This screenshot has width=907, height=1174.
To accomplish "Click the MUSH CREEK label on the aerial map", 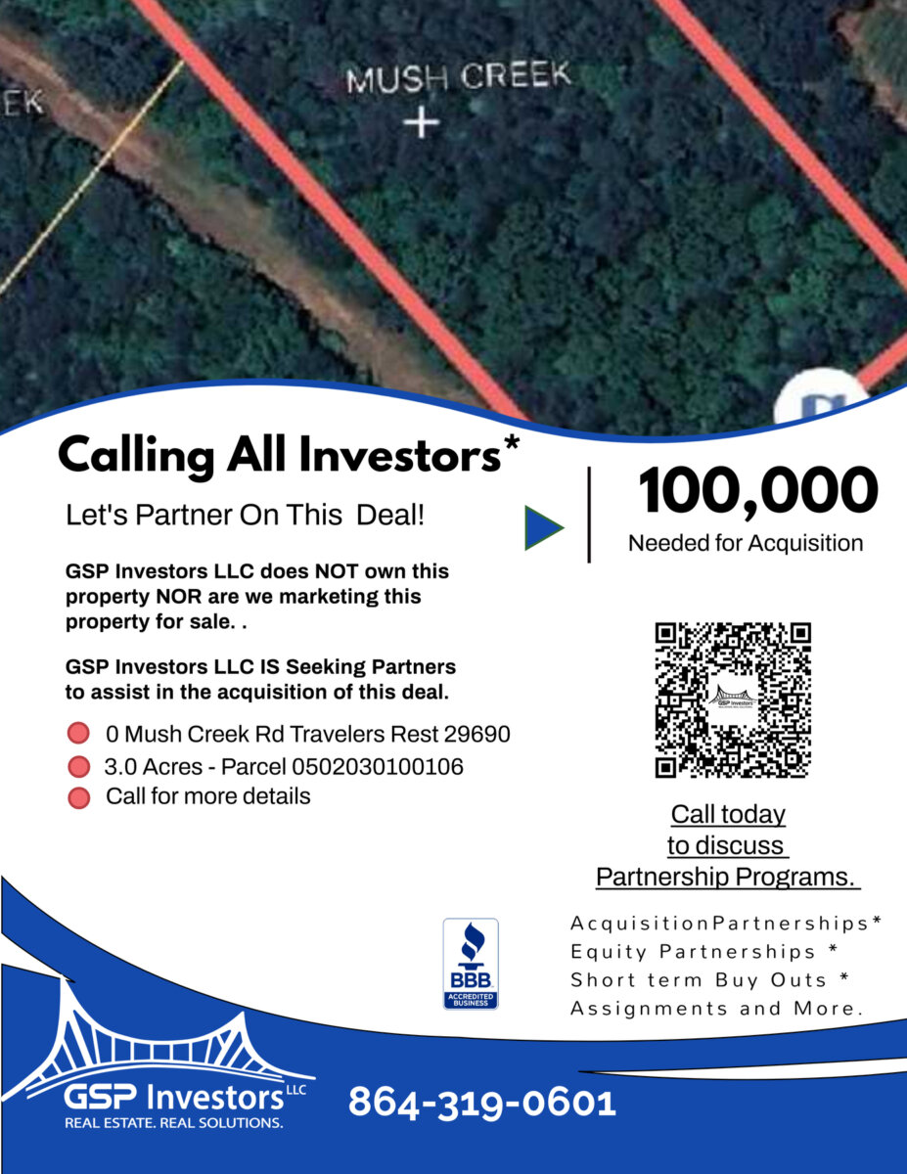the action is pos(459,76).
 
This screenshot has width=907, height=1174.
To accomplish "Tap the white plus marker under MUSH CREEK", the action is pos(422,123).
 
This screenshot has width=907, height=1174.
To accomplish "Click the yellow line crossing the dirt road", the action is pos(93,178).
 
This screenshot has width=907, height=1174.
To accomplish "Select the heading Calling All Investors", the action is pos(280,456).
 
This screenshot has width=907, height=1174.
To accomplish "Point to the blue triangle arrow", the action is pos(544,528).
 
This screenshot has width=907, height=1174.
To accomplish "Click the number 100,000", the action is pos(758,492).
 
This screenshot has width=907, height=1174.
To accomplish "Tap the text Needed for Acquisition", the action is pos(746,544).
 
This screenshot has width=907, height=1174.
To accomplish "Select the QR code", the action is pos(733,700).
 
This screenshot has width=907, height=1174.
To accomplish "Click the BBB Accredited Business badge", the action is pos(471,964).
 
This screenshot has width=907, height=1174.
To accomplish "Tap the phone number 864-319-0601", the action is pos(481,1103).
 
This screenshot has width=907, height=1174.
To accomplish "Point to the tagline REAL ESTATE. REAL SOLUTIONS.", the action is pos(174,1123).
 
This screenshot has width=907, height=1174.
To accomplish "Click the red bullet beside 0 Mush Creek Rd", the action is pos(78,733).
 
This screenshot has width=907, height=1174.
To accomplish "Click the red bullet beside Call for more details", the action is pos(79,798).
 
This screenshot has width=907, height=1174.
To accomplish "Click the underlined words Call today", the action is pos(728,814).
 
